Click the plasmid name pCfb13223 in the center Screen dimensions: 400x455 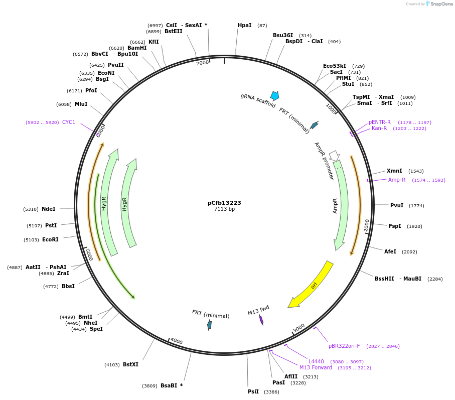[x=224, y=203]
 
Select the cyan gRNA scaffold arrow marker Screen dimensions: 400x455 [x=274, y=95]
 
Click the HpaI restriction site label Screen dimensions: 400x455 [x=245, y=25]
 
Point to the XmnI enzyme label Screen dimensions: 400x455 [x=394, y=171]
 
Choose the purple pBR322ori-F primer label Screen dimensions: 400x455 [x=344, y=346]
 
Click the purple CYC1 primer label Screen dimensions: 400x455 [x=69, y=122]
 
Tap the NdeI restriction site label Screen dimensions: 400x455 [x=49, y=209]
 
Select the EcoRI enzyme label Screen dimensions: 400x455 [x=50, y=239]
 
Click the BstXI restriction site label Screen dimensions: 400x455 [x=130, y=364]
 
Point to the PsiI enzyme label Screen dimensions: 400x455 [x=253, y=391]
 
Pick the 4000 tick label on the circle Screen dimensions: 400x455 [x=177, y=341]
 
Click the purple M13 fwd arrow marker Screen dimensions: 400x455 [x=261, y=320]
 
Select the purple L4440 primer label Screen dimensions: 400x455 [x=316, y=361]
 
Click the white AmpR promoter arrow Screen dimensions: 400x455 [x=334, y=156]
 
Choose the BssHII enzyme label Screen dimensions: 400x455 [x=384, y=279]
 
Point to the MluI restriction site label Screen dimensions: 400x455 [x=81, y=104]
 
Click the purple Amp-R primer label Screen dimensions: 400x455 [x=396, y=180]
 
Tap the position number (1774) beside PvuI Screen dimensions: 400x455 [x=416, y=205]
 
